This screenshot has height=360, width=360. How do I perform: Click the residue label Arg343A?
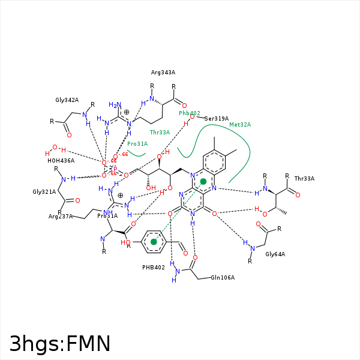pyautogui.click(x=163, y=73)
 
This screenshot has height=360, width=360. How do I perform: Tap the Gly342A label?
pyautogui.click(x=67, y=100)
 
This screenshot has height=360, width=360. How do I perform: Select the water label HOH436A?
pyautogui.click(x=61, y=161)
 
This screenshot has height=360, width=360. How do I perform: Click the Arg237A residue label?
pyautogui.click(x=61, y=216)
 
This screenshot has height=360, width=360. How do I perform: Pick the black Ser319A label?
pyautogui.click(x=217, y=119)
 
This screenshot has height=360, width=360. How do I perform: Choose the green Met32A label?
pyautogui.click(x=240, y=125)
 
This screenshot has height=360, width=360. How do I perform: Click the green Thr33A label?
pyautogui.click(x=160, y=132)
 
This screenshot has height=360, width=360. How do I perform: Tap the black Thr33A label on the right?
pyautogui.click(x=304, y=179)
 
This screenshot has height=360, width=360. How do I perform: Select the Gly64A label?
pyautogui.click(x=275, y=254)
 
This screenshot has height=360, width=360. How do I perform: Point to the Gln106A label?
pyautogui.click(x=223, y=278)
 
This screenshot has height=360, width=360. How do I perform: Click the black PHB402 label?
pyautogui.click(x=154, y=268)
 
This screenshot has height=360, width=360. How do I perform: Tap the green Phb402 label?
pyautogui.click(x=190, y=113)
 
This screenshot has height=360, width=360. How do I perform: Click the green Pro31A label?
pyautogui.click(x=137, y=144)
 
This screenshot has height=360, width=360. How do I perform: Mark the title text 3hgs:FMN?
pyautogui.click(x=60, y=344)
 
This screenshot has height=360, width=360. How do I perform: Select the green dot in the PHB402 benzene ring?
pyautogui.click(x=154, y=242)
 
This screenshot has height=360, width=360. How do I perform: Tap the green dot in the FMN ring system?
pyautogui.click(x=203, y=181)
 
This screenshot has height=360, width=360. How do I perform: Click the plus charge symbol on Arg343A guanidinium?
pyautogui.click(x=127, y=112)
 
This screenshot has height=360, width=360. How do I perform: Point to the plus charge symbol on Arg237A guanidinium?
pyautogui.click(x=120, y=195)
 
